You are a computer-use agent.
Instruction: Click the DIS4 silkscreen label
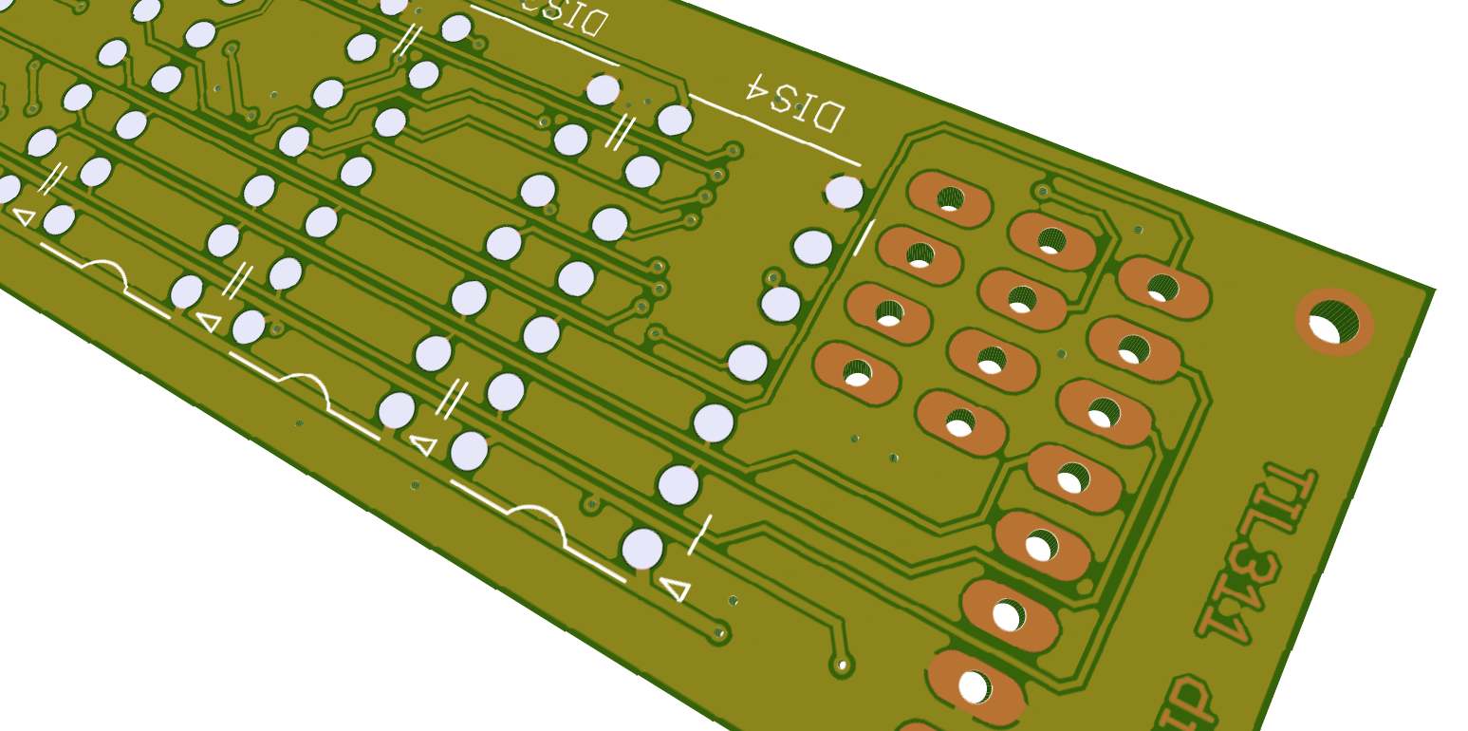click(794, 101)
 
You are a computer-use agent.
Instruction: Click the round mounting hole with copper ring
click(1334, 321)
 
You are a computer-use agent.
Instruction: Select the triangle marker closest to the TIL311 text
click(675, 589)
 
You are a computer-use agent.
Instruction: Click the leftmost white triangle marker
click(25, 216)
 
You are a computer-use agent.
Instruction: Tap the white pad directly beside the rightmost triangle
click(642, 549)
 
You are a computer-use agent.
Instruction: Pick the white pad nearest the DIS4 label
click(844, 192)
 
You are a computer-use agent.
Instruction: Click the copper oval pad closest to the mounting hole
click(1162, 286)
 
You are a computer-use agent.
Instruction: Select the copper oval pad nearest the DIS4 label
click(949, 199)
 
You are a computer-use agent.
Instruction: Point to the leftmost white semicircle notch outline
click(102, 271)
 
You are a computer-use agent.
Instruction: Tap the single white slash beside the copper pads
click(864, 237)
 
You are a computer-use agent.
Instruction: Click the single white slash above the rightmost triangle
click(699, 534)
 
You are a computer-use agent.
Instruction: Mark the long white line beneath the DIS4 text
click(773, 128)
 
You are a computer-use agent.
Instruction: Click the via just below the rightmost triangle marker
click(720, 631)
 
